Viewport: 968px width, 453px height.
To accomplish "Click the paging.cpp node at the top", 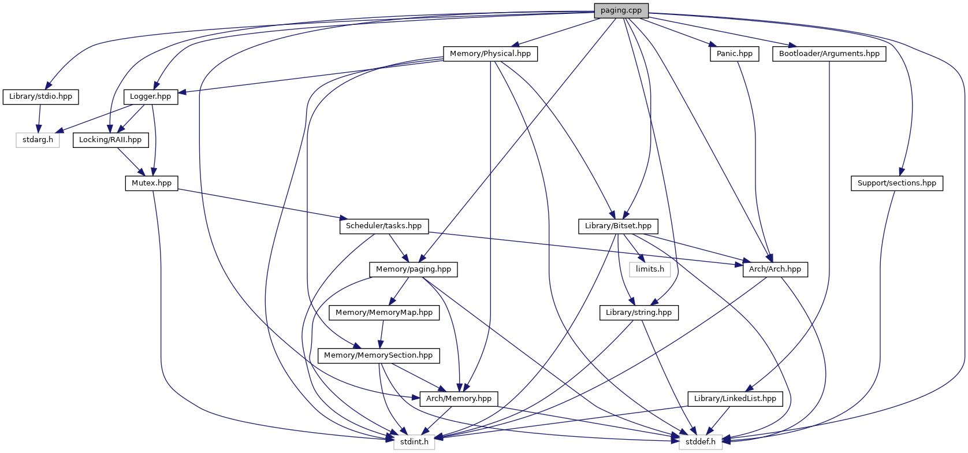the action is point(621,11).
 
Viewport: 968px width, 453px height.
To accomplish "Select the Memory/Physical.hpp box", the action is point(490,54).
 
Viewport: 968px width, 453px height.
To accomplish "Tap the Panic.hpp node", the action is point(734,54).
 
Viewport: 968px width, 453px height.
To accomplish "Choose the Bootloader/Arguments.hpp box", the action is point(829,54).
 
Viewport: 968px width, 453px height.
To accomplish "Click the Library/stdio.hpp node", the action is point(40,96).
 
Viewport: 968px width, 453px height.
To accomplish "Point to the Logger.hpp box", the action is point(150,96).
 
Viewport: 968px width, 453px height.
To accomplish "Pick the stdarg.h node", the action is point(38,140).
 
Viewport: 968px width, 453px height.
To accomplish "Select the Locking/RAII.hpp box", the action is point(111,140).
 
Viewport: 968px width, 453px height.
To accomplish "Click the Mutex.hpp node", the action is point(152,183).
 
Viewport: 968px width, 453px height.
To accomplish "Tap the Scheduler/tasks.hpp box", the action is point(384,226).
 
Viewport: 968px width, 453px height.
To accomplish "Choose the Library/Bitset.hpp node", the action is point(618,226).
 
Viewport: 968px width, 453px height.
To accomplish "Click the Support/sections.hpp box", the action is point(897,183).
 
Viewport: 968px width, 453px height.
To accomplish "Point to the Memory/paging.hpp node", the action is point(413,270).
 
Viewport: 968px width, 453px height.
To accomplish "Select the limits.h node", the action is point(650,270).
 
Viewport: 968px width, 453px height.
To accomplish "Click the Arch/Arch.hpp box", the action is point(775,270).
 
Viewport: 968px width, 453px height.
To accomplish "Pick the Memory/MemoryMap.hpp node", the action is point(384,313).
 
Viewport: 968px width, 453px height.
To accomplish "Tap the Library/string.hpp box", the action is point(639,313).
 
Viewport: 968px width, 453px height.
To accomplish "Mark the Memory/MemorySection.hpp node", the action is point(378,356).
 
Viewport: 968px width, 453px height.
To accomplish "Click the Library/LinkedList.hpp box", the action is point(735,399).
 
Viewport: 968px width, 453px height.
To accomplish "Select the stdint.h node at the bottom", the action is point(414,442).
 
